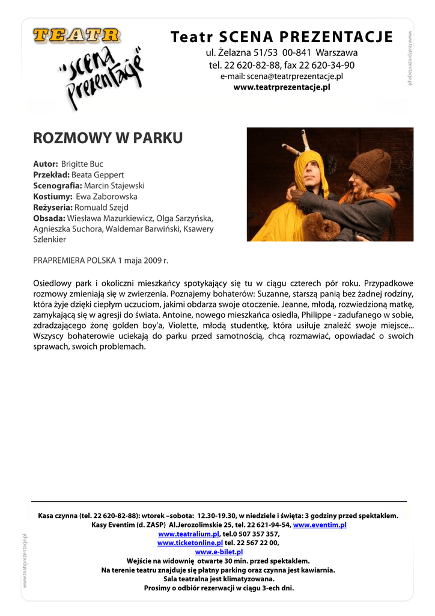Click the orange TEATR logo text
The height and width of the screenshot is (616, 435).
76,36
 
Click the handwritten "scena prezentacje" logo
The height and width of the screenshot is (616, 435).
101,78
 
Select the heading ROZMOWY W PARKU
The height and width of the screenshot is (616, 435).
108,138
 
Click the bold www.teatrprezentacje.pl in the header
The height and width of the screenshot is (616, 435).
282,87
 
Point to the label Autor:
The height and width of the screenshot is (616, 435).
46,164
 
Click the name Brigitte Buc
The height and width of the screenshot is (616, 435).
82,164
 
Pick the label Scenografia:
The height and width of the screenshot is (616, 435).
57,185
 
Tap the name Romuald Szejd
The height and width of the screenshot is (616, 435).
102,207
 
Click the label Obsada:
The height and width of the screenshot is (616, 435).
49,218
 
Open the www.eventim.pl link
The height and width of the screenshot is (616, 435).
320,525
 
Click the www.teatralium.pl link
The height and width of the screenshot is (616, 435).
189,534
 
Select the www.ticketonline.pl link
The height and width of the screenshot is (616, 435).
190,543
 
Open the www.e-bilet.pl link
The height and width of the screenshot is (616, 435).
219,552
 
